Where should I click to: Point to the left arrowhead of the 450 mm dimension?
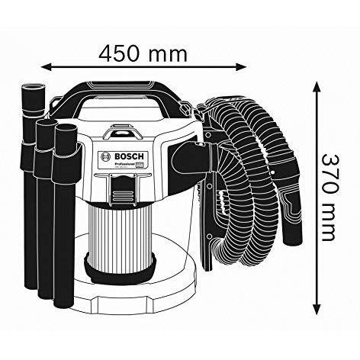pyautogui.click(x=44, y=66)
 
